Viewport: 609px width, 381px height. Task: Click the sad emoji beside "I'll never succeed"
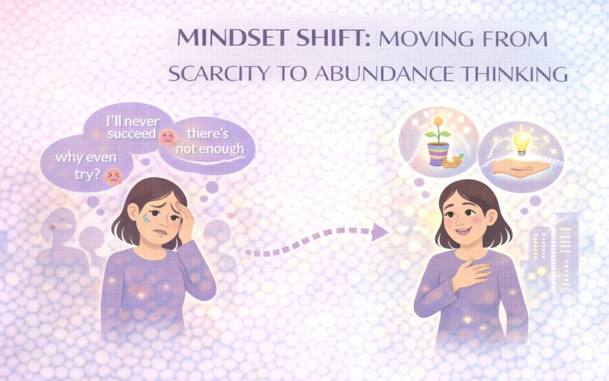[x=167, y=135]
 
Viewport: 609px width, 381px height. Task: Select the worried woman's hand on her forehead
[x=183, y=217]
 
